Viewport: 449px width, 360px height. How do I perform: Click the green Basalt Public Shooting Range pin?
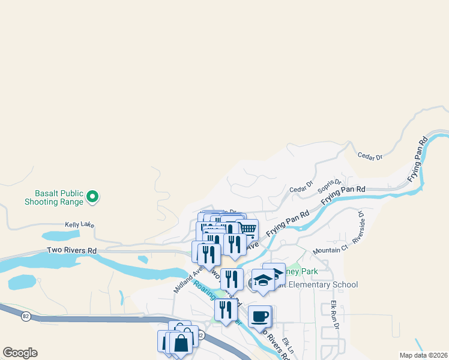92,196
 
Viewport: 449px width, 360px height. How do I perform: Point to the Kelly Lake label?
79,224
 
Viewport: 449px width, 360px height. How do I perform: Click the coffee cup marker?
259,316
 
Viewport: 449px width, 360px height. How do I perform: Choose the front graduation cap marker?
263,280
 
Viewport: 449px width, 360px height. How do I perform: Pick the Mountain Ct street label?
330,248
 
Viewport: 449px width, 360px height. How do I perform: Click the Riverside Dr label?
360,226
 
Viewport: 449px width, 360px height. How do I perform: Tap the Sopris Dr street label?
330,184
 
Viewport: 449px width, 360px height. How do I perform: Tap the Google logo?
20,353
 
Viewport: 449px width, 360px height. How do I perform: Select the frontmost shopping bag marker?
181,343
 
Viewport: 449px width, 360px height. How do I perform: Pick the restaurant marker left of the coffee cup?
226,310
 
